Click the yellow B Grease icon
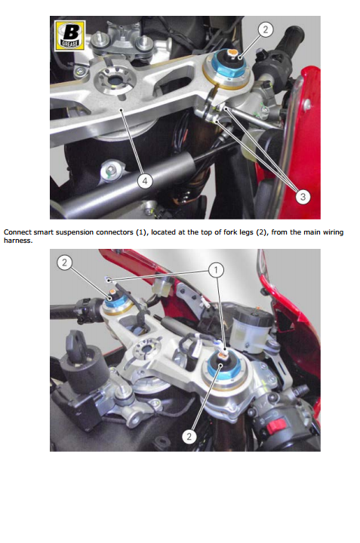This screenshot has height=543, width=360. pyautogui.click(x=70, y=35)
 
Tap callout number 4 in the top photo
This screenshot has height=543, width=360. pyautogui.click(x=145, y=181)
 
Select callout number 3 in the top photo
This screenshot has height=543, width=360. pyautogui.click(x=303, y=197)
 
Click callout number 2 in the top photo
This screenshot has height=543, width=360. pyautogui.click(x=266, y=29)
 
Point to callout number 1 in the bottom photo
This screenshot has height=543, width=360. pyautogui.click(x=216, y=269)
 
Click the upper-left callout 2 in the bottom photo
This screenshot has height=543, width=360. pyautogui.click(x=64, y=262)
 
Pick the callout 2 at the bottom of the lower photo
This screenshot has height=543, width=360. pyautogui.click(x=189, y=436)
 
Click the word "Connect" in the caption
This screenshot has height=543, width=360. pyautogui.click(x=17, y=232)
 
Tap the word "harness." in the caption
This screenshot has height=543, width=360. pyautogui.click(x=18, y=241)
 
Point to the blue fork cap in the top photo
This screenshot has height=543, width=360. pyautogui.click(x=226, y=66)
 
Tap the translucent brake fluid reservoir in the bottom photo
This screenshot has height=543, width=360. pyautogui.click(x=251, y=329)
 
